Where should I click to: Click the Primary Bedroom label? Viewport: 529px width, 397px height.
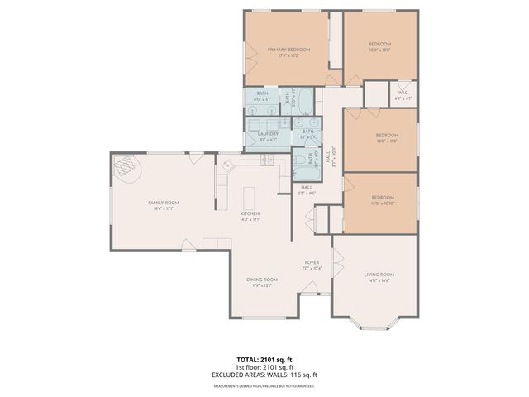(288, 50)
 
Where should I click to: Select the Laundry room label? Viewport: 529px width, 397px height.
(267, 133)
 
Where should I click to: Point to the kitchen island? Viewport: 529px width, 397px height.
(247, 198)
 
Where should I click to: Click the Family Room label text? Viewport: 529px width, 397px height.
(164, 203)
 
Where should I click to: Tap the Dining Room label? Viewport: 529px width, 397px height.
(261, 280)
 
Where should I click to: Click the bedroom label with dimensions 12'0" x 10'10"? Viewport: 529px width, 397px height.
(382, 198)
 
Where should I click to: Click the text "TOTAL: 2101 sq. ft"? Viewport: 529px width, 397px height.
(264, 360)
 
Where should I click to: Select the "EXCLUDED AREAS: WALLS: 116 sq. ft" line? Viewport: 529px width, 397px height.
(264, 375)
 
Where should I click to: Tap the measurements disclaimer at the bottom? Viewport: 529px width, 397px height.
(264, 385)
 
